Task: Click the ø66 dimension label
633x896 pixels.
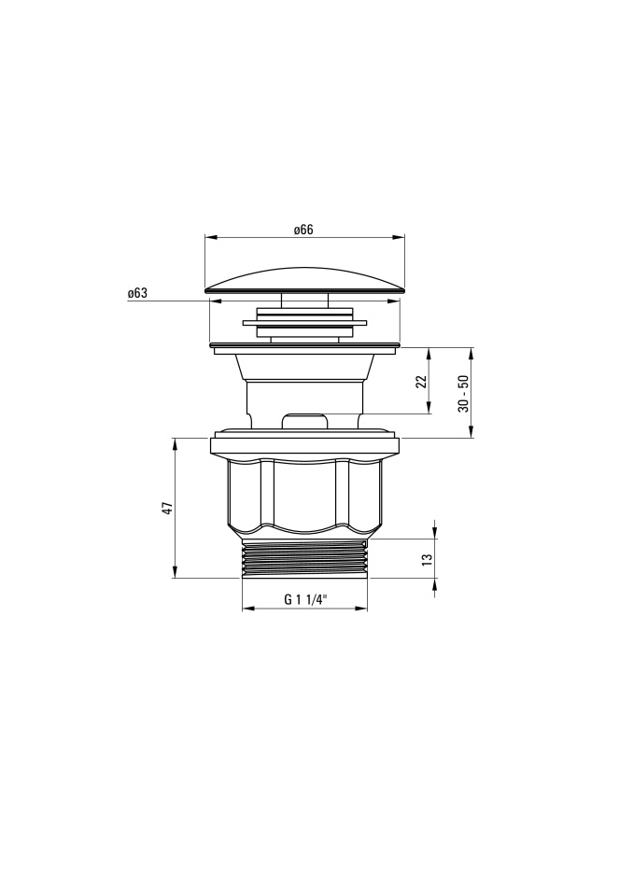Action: pos(303,230)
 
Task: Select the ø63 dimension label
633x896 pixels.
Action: pos(137,293)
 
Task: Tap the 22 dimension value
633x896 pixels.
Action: pos(421,381)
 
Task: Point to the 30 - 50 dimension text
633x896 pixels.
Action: pos(463,393)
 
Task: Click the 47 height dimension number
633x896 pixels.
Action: pos(166,508)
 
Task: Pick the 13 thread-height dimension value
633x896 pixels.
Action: pos(426,559)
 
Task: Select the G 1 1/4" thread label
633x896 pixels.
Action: pos(304,599)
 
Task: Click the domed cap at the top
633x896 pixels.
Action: pos(304,280)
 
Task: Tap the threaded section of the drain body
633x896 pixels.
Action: pos(304,558)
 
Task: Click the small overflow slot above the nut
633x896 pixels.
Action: pos(304,421)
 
